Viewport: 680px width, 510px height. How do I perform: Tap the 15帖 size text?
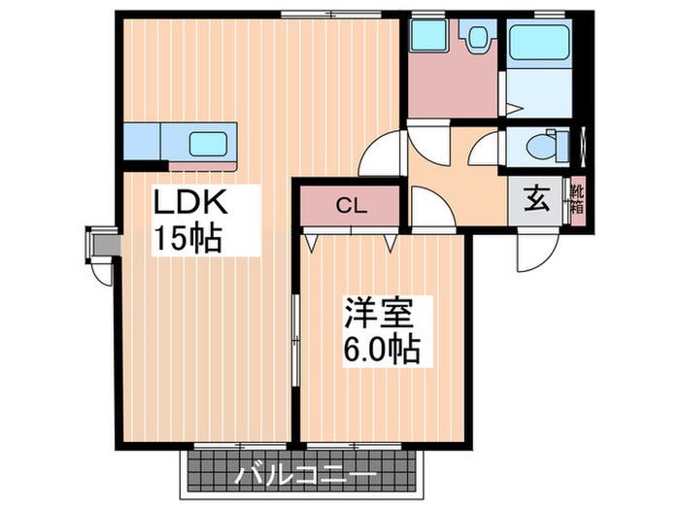click(x=187, y=237)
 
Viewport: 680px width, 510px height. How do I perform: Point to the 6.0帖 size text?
click(x=381, y=348)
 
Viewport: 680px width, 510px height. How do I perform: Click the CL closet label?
click(x=350, y=205)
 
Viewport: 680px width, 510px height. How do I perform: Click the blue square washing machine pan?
click(x=425, y=38)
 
